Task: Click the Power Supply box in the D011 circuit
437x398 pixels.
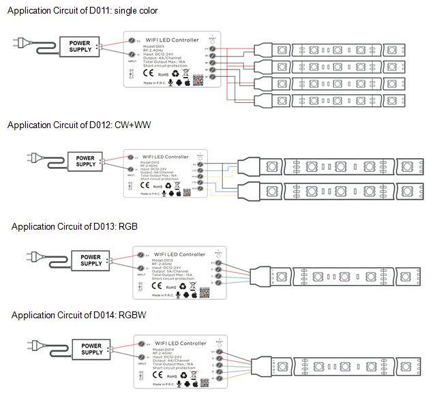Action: (79, 46)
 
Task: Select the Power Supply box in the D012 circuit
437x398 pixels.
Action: (85, 160)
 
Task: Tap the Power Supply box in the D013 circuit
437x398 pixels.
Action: (91, 260)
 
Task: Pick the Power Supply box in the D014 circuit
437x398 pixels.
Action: (91, 349)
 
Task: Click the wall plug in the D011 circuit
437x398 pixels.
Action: (18, 44)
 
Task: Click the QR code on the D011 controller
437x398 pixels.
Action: (197, 79)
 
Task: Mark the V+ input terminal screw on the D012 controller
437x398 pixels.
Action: (130, 155)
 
